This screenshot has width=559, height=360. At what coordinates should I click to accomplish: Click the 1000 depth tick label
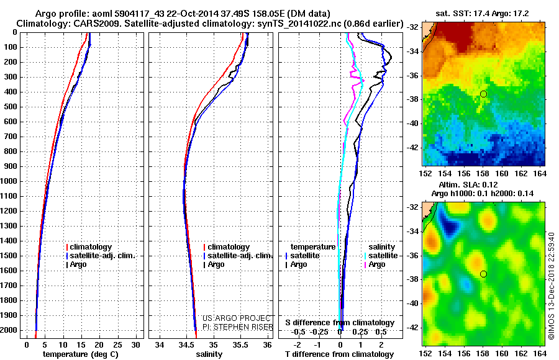click(11, 181)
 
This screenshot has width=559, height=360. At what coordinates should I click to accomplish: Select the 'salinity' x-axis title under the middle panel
click(209, 354)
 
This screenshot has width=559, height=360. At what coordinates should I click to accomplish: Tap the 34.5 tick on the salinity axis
click(186, 344)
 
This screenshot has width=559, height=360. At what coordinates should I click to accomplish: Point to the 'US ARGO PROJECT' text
click(234, 318)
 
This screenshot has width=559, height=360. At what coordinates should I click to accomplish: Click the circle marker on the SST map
click(483, 94)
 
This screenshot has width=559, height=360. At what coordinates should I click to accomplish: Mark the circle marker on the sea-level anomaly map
click(483, 274)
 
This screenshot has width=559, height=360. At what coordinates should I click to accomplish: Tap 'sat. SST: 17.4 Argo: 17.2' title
click(484, 13)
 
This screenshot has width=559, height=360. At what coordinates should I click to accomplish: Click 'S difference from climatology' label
click(340, 323)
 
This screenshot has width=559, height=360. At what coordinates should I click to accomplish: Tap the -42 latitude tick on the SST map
click(411, 148)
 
